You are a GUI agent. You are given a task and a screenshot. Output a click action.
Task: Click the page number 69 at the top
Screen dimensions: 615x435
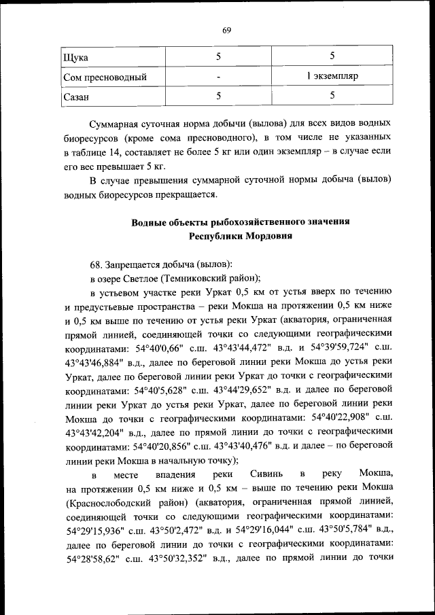click(x=227, y=29)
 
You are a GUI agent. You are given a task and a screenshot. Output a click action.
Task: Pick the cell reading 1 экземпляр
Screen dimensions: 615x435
click(x=332, y=76)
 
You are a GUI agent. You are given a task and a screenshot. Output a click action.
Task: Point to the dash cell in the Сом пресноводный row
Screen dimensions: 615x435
click(x=219, y=76)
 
